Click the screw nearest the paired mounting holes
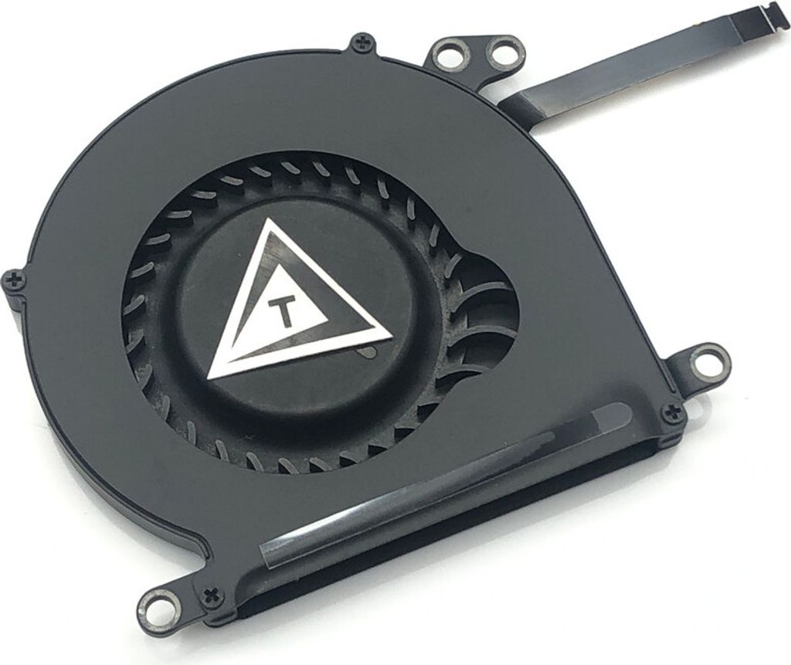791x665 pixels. pyautogui.click(x=363, y=43)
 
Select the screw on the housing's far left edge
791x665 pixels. pyautogui.click(x=14, y=280)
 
